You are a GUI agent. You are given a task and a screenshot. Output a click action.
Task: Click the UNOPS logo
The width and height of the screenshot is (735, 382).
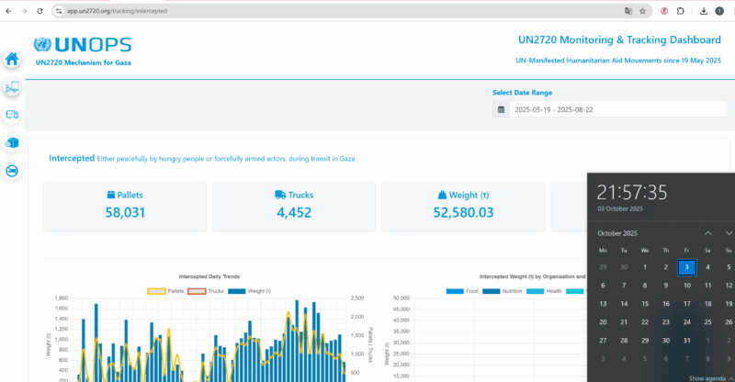pyautogui.click(x=82, y=45)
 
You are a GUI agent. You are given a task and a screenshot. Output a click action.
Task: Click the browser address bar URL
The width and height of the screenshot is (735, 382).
pyautogui.click(x=128, y=11)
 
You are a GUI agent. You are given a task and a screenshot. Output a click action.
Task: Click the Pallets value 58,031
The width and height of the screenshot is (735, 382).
pyautogui.click(x=125, y=212)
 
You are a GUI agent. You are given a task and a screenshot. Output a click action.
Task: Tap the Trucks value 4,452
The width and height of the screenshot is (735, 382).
pyautogui.click(x=294, y=212)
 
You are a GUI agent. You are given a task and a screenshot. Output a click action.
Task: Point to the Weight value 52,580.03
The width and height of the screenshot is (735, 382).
pyautogui.click(x=463, y=212)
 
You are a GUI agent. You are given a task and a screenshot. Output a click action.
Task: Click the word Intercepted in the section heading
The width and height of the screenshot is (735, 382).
pyautogui.click(x=71, y=158)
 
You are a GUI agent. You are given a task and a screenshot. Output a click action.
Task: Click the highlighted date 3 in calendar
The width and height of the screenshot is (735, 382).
pyautogui.click(x=686, y=267)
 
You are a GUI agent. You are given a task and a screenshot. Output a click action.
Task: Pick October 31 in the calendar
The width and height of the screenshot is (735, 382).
pyautogui.click(x=686, y=340)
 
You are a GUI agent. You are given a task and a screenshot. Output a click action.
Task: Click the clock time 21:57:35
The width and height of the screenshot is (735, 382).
pyautogui.click(x=632, y=192)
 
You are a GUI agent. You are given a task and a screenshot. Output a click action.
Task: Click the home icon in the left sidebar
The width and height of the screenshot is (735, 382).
pyautogui.click(x=12, y=59)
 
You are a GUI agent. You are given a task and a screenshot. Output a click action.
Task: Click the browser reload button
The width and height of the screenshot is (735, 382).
pyautogui.click(x=40, y=11)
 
